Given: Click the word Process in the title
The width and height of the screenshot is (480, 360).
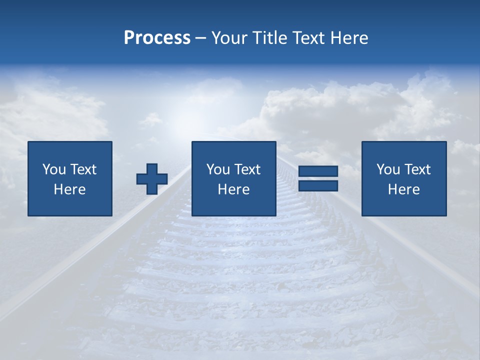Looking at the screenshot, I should [x=157, y=38].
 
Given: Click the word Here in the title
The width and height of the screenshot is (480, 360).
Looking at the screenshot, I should [x=349, y=38].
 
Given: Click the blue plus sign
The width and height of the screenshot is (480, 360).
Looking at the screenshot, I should [x=152, y=179].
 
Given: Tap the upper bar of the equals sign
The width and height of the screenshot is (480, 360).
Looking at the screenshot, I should [x=318, y=171].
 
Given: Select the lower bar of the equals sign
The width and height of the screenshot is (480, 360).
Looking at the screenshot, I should [x=318, y=186].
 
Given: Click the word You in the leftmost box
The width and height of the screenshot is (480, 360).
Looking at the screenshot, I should [x=53, y=169].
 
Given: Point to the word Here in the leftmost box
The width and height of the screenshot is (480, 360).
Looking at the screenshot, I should [x=70, y=189].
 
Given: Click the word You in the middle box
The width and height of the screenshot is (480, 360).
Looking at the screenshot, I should [x=217, y=169].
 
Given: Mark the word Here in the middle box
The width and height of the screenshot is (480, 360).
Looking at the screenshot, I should [x=234, y=189].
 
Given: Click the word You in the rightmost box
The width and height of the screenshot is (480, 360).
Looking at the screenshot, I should [x=387, y=169].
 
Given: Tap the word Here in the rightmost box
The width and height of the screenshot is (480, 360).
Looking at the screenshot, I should [x=404, y=189].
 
